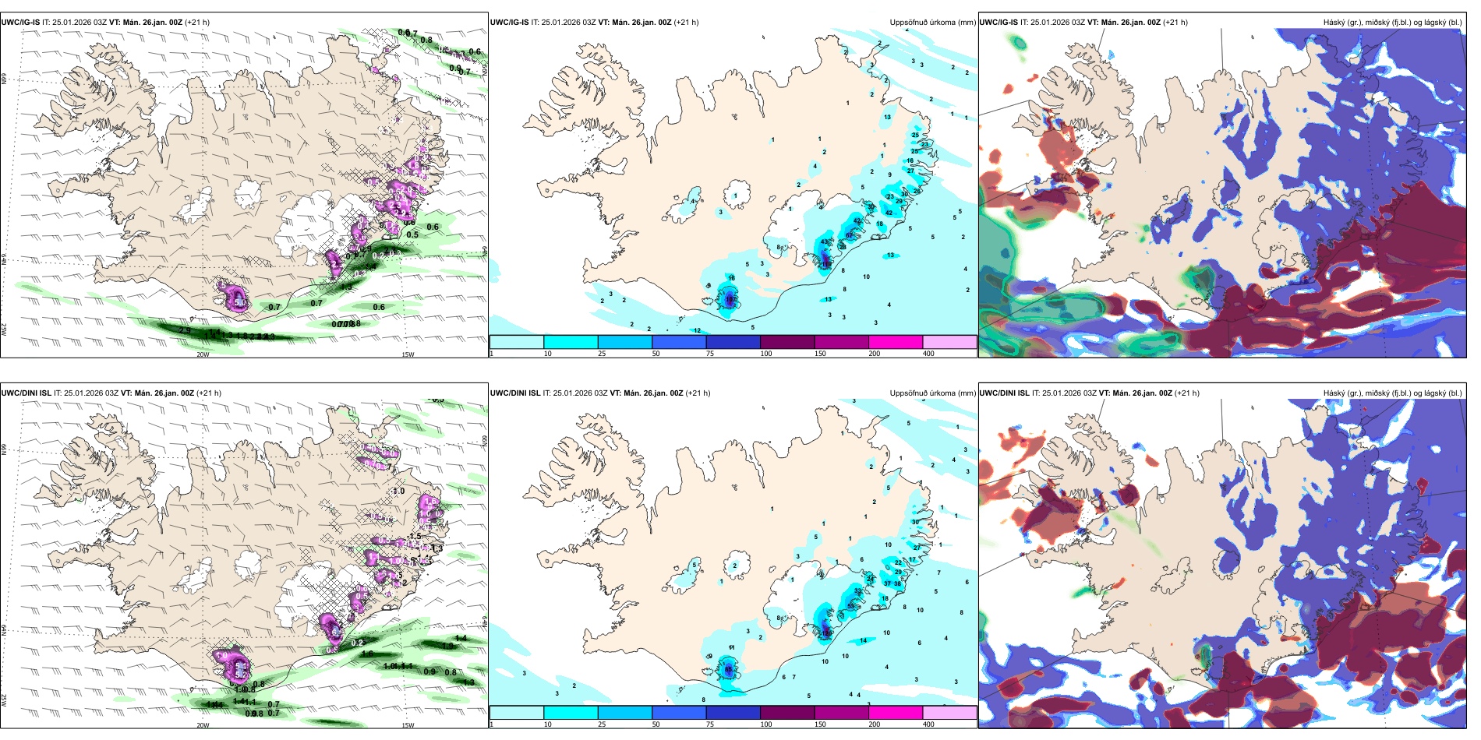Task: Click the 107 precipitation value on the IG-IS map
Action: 730,300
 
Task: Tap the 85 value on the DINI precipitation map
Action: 729,669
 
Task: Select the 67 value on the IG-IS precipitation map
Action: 850,235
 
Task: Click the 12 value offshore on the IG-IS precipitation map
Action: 698,331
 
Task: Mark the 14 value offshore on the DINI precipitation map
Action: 863,640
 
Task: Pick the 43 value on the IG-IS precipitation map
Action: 825,243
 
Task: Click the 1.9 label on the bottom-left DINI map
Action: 447,646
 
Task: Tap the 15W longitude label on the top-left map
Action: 407,354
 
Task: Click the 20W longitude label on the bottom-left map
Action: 203,725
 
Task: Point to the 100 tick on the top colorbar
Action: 766,354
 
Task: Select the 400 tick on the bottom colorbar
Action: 928,724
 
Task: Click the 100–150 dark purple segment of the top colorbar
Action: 787,342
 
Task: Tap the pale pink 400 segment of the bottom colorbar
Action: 949,713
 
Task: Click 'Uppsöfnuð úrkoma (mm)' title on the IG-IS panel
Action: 932,23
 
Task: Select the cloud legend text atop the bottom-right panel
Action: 1392,393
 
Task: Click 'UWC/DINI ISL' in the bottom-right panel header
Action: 1004,393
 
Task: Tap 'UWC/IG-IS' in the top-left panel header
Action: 20,23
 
